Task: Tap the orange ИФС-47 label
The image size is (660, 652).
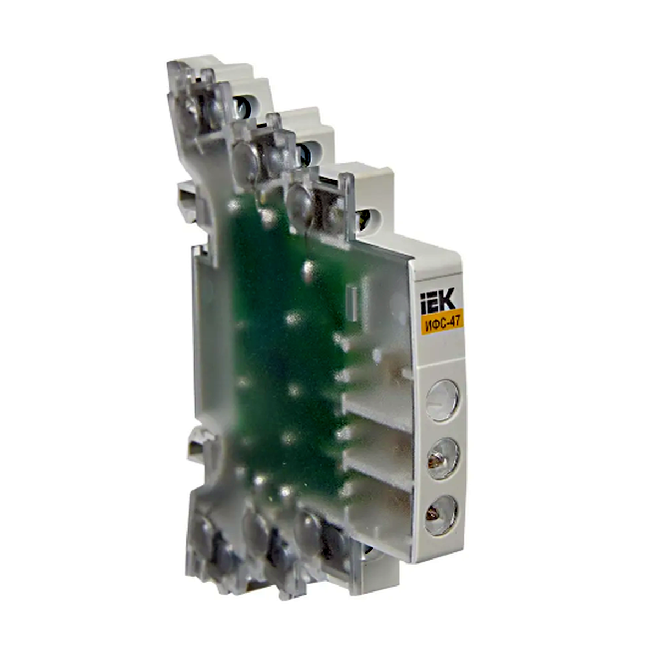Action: click(442, 324)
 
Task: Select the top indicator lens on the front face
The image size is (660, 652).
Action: click(442, 401)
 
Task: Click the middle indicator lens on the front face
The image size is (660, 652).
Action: click(443, 459)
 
